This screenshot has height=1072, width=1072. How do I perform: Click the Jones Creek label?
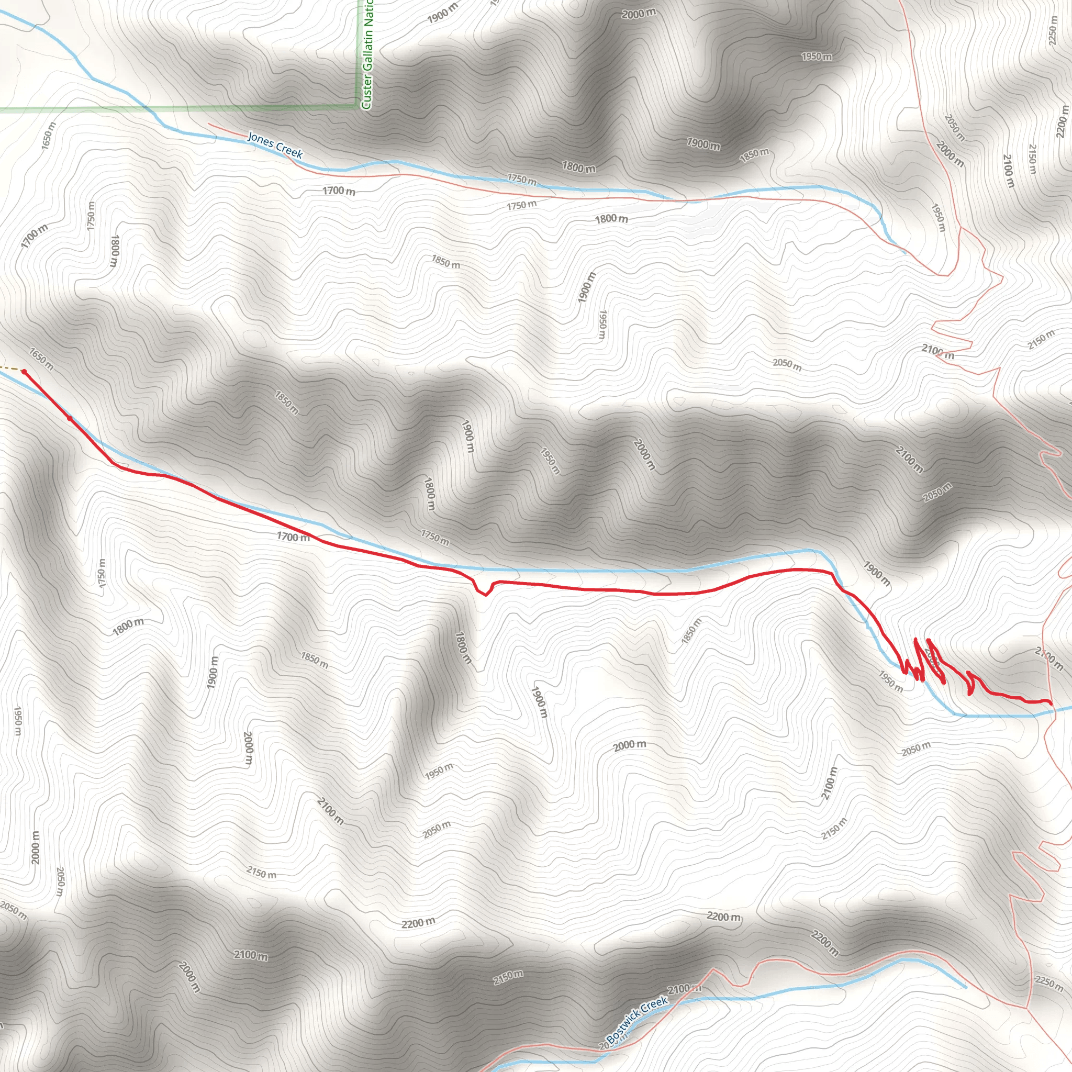click(275, 146)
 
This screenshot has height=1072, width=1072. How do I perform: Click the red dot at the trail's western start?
click(24, 372)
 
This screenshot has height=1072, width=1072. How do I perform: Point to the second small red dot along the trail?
click(70, 418)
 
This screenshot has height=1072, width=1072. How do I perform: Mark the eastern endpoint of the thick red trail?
click(1051, 703)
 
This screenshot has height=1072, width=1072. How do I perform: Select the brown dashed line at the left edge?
click(10, 368)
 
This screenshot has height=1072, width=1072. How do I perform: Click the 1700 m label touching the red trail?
click(293, 537)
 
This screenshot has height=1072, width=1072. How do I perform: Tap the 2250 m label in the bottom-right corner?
click(1048, 982)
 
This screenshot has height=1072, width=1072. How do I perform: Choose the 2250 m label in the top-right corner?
click(1053, 29)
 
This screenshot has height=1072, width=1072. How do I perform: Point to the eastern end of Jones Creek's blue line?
click(905, 253)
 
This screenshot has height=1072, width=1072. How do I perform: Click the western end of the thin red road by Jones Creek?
click(209, 124)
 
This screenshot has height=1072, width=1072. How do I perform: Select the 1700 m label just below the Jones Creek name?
click(339, 191)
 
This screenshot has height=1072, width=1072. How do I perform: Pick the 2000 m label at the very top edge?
click(638, 13)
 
